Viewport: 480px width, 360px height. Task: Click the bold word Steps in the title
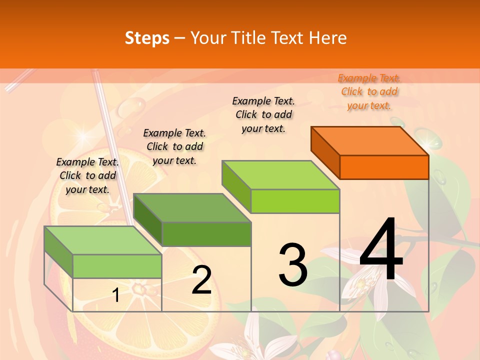[x=147, y=38]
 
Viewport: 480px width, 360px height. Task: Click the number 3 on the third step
[x=293, y=265]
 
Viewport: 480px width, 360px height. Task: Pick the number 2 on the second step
[x=201, y=280]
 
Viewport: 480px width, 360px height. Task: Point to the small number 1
[x=115, y=295]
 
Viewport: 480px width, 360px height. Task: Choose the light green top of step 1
[x=103, y=240]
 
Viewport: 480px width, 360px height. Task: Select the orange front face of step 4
[x=384, y=167]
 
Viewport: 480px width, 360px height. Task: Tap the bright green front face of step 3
[x=295, y=201]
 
